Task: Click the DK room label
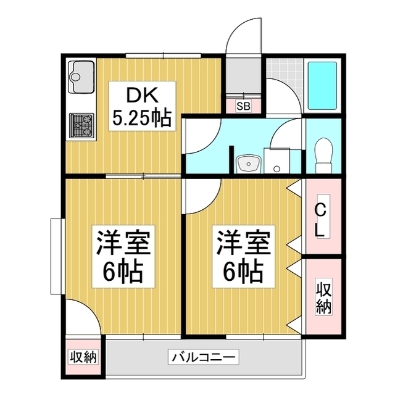(x=142, y=96)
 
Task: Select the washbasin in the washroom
(x=248, y=164)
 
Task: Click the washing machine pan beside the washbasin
(x=276, y=160)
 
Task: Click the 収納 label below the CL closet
(x=323, y=297)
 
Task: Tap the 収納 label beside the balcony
(x=83, y=357)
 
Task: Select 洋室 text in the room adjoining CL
(x=243, y=242)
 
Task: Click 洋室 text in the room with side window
(x=122, y=242)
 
